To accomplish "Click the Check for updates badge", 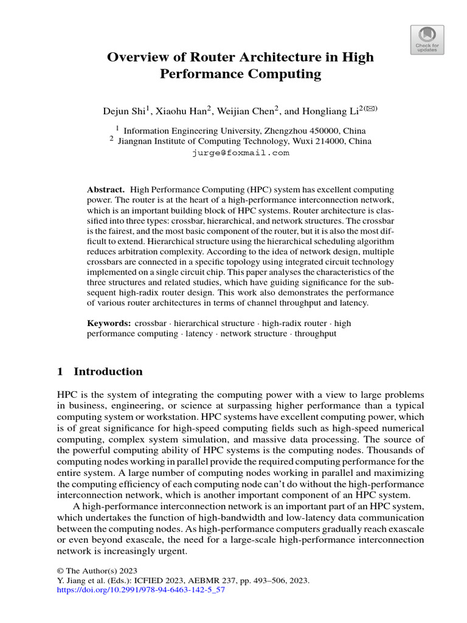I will click(427, 40).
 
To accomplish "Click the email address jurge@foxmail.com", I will click(240, 153).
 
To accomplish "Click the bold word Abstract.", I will click(106, 190).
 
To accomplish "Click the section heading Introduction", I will click(108, 372).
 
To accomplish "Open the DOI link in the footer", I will click(140, 590).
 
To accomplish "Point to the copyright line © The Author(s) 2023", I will click(97, 571).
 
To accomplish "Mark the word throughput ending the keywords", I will click(316, 333).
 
